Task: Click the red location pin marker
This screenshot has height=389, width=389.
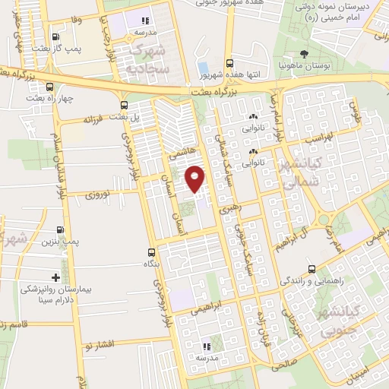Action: coord(195,179)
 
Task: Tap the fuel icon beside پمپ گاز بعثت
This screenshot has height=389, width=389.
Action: coord(55,35)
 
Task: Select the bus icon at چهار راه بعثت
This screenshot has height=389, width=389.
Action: coord(50,87)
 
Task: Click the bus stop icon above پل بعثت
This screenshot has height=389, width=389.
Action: coord(123,104)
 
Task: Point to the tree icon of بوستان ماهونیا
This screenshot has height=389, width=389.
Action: coord(304,53)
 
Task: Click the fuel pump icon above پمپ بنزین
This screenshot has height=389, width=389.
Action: coord(61,229)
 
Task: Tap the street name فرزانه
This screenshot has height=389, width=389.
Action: coord(92,120)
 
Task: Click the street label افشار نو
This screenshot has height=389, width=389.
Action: coord(100,344)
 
